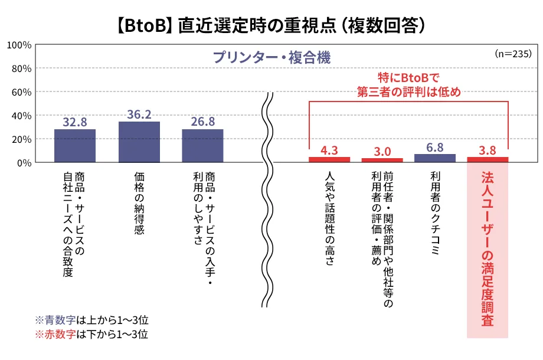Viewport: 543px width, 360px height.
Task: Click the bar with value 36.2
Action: point(139,142)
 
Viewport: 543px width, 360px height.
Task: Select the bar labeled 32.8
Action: point(75,145)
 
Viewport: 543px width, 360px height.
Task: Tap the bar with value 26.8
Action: point(202,145)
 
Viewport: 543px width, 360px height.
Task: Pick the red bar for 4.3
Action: point(329,159)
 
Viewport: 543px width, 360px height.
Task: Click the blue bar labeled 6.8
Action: point(435,158)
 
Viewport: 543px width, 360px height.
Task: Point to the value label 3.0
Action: point(382,152)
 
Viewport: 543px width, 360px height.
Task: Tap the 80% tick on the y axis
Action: point(21,68)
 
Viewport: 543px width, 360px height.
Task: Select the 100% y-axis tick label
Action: point(19,45)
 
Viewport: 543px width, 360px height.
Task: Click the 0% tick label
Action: point(24,163)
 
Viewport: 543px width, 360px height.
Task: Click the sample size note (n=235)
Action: point(513,53)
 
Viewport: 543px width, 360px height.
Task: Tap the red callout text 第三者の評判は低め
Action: point(408,92)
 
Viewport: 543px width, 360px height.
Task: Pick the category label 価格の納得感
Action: point(139,204)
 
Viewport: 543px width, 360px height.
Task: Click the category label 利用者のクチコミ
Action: point(435,213)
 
